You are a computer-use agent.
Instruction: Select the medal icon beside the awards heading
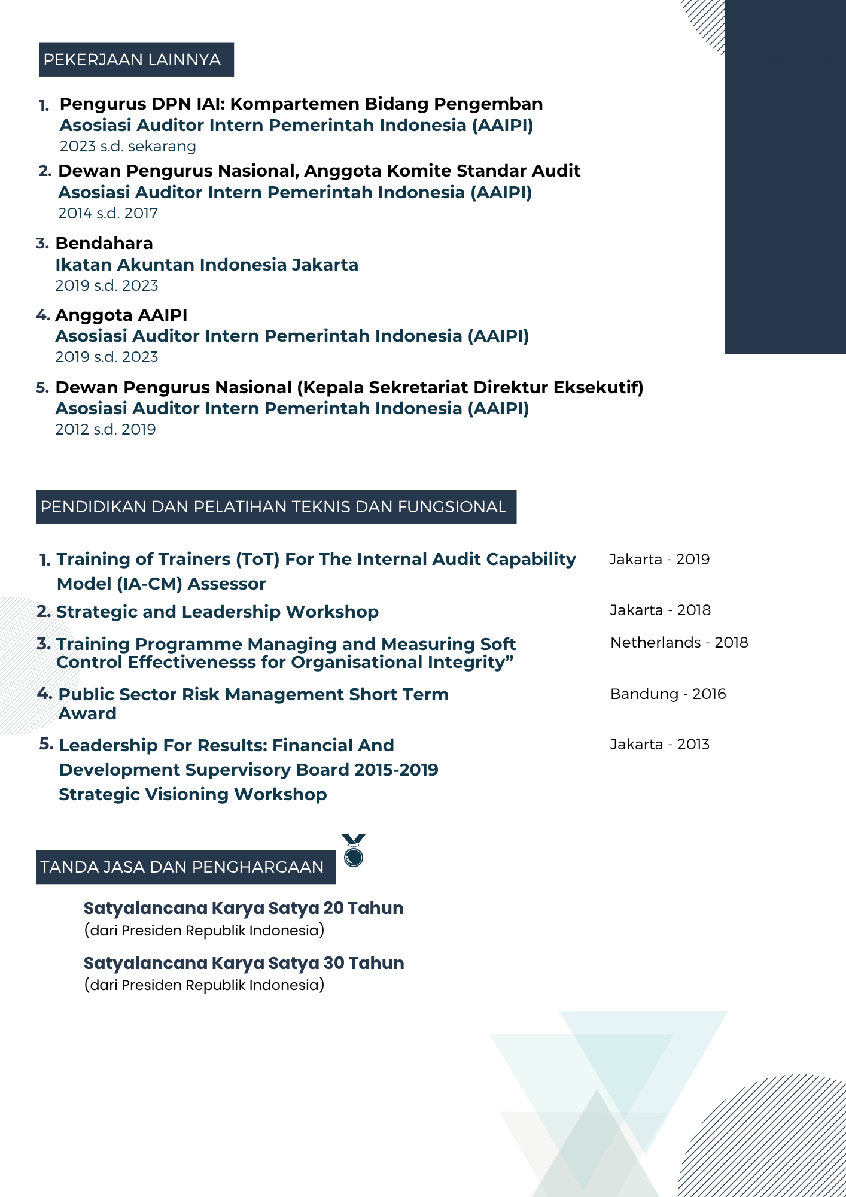(x=354, y=850)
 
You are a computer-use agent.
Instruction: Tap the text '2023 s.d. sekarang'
(x=128, y=147)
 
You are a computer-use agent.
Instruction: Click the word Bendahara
(x=104, y=244)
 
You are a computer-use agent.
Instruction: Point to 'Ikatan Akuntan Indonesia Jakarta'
(x=206, y=265)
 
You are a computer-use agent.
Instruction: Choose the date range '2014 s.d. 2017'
(x=108, y=214)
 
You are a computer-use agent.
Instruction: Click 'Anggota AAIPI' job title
(x=121, y=315)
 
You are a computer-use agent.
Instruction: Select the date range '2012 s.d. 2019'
(x=105, y=430)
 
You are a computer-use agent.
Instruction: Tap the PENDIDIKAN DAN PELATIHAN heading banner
(x=276, y=507)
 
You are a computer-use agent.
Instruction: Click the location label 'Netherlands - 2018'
(x=679, y=643)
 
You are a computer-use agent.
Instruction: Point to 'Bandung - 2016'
(x=668, y=694)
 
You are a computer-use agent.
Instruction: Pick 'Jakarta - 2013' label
(x=659, y=745)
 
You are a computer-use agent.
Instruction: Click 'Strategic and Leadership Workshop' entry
(x=217, y=612)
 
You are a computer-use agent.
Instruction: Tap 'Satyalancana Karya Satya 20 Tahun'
(x=244, y=909)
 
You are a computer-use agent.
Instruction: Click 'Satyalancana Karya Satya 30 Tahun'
(x=244, y=964)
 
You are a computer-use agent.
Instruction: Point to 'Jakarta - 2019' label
(x=659, y=560)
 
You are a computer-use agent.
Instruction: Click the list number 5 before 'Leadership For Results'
(x=45, y=745)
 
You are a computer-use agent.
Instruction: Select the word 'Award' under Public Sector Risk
(x=87, y=714)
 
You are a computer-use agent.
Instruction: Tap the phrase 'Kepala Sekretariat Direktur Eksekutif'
(x=470, y=388)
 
